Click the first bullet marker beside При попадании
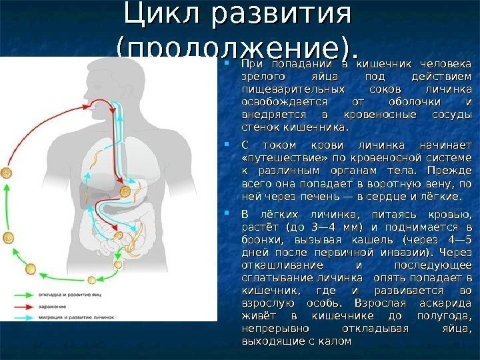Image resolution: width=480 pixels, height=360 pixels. point(227,64)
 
